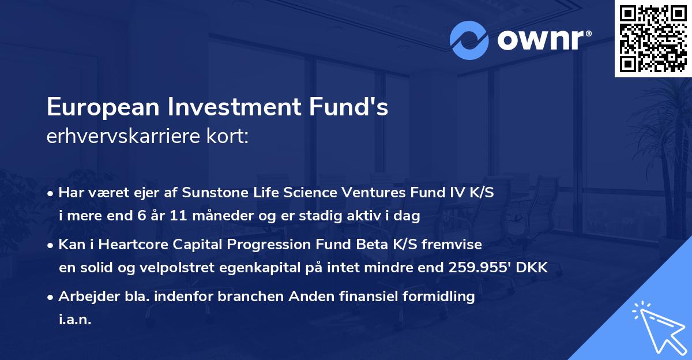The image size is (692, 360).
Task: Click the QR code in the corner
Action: tap(653, 39)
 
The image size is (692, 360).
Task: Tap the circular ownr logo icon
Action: tap(469, 40)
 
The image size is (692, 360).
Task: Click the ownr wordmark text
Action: tap(544, 40)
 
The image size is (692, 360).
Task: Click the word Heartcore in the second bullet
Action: tap(128, 245)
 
